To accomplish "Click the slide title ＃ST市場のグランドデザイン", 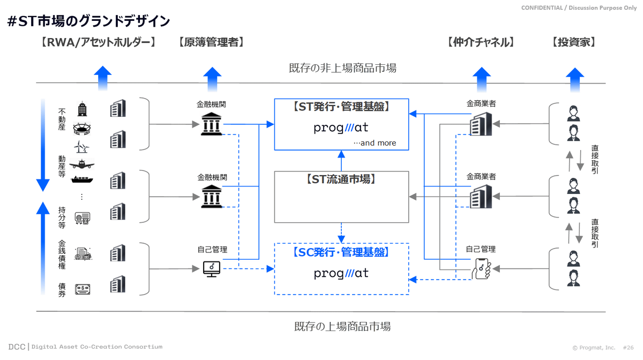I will point(89,21).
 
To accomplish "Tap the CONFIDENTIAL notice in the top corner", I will point(579,7).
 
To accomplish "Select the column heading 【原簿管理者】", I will point(211,42).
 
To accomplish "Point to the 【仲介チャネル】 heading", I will point(481,42).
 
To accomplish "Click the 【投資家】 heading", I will point(573,42).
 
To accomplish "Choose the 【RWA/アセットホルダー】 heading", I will point(98,42).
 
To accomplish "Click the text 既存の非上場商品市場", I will point(342,68).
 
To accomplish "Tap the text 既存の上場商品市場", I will point(342,326).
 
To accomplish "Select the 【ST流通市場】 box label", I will point(341,179).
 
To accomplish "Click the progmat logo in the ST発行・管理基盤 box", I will point(341,128).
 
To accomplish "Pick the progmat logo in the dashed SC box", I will point(341,273).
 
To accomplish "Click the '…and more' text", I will point(375,143).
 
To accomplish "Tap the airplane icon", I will point(82,163).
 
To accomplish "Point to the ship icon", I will point(82,179).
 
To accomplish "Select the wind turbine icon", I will point(82,146).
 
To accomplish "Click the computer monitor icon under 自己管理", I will point(212,268).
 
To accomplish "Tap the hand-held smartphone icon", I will point(481,268).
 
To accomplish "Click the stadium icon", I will point(82,129).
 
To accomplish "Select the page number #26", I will point(628,348).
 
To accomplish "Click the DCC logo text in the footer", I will point(17,347).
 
